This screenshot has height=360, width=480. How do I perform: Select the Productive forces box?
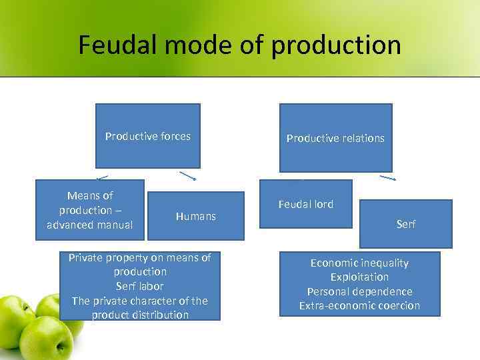click(x=147, y=136)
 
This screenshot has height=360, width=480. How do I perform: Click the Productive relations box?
click(x=335, y=138)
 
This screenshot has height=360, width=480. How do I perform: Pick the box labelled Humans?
click(x=195, y=216)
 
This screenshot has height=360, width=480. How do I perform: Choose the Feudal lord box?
click(x=305, y=204)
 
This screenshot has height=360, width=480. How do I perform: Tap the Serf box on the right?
click(x=405, y=224)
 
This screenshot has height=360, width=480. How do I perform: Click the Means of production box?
click(x=89, y=210)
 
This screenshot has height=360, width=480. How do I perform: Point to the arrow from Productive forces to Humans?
click(x=187, y=177)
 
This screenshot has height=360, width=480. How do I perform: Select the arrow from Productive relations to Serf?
click(x=388, y=178)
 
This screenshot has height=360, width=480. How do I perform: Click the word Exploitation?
click(x=359, y=277)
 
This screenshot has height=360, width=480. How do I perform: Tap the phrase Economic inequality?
click(x=359, y=263)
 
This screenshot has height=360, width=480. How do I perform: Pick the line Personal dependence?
click(x=359, y=291)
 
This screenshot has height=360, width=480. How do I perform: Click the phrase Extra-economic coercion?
click(x=359, y=305)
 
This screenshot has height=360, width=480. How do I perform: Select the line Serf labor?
click(x=140, y=286)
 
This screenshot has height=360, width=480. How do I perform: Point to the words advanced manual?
click(x=89, y=225)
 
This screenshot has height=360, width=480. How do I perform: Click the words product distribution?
click(x=140, y=315)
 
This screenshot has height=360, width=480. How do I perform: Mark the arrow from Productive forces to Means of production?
click(x=102, y=177)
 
